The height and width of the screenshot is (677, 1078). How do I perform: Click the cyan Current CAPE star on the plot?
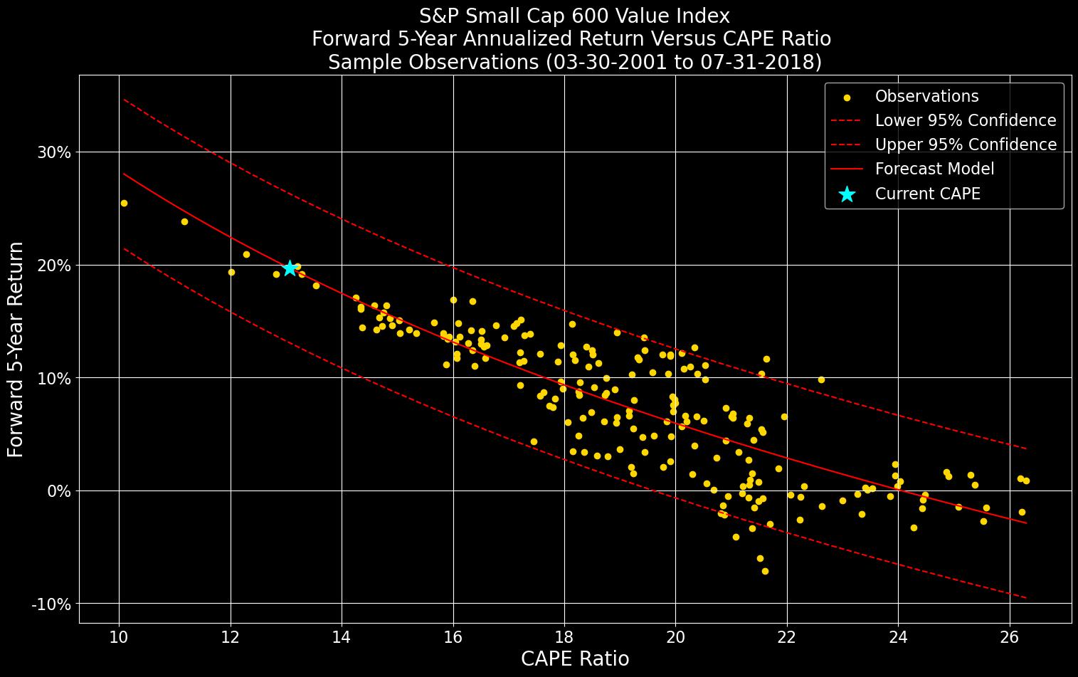coord(290,268)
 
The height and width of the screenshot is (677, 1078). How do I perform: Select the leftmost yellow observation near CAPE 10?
coord(124,203)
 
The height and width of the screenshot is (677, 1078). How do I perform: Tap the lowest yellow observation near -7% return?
coord(765,571)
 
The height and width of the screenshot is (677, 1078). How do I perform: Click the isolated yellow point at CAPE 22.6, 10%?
coord(821,379)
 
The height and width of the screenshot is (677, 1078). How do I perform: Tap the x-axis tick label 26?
coord(1009,636)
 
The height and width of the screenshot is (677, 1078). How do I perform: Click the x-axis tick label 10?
coord(118,636)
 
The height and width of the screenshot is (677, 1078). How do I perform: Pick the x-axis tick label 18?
coord(564,636)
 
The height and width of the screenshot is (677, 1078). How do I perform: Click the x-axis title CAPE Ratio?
coord(575,659)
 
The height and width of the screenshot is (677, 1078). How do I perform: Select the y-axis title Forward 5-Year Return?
coord(16,349)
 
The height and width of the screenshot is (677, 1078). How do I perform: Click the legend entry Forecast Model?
coord(934,169)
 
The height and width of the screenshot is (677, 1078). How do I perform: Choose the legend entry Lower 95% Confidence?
coord(965,120)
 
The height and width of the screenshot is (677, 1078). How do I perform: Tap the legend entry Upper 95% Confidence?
coord(965,145)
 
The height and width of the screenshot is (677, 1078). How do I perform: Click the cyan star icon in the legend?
coord(846,194)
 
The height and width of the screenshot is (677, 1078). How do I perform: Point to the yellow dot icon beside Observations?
coord(846,97)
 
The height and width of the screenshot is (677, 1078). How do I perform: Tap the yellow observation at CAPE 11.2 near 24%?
coord(184,221)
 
